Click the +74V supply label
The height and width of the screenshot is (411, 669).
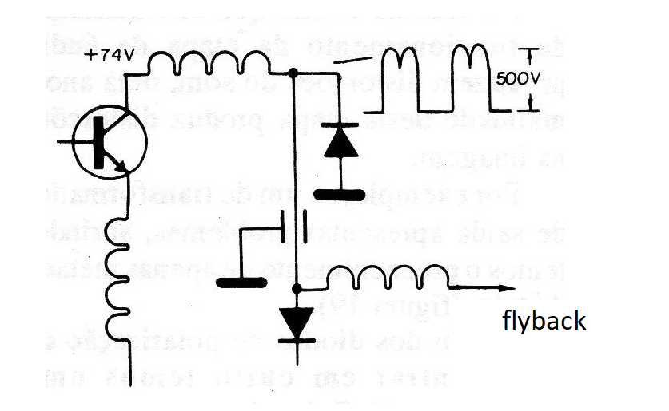coord(110,56)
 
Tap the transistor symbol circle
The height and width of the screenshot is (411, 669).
coord(108,143)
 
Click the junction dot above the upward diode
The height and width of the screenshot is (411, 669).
coord(293,73)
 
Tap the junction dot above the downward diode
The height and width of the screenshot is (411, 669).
coord(297,288)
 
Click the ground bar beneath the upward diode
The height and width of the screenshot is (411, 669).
coord(339,194)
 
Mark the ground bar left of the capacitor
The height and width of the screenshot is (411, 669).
coord(241,280)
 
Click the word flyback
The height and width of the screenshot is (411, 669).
coord(544,321)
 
